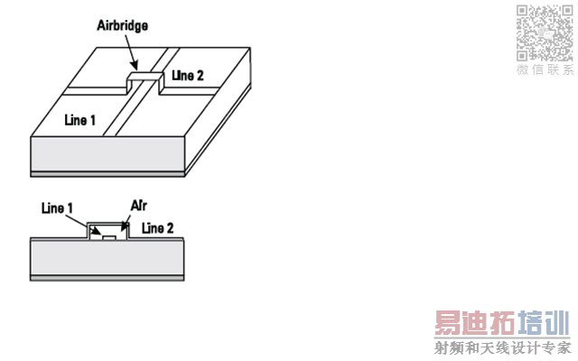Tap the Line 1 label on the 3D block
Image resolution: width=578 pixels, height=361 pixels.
[79, 118]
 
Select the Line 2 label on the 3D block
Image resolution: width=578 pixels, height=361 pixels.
[187, 75]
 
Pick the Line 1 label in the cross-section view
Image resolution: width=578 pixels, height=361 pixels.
[57, 208]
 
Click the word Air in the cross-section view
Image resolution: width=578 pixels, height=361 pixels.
[139, 205]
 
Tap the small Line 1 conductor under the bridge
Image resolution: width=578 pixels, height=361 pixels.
[108, 237]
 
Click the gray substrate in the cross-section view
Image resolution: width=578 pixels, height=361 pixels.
[108, 259]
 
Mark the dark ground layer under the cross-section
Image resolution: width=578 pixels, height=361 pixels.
[108, 279]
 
